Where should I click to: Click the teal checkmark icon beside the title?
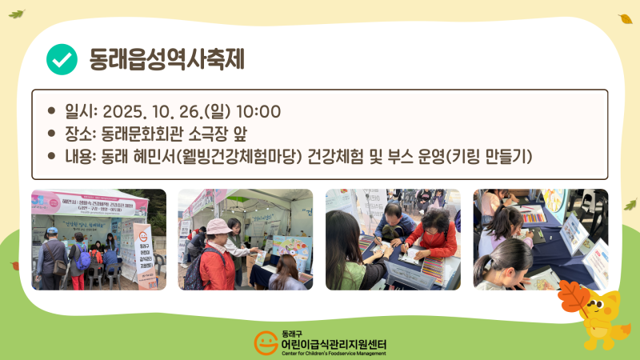(x=62, y=58)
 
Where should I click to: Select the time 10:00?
(x=258, y=111)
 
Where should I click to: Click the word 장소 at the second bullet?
(x=79, y=133)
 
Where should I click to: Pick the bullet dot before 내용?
(x=52, y=155)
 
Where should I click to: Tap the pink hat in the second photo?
(x=218, y=226)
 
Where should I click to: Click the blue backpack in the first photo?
(x=83, y=257)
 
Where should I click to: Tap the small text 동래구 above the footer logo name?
(x=294, y=333)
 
